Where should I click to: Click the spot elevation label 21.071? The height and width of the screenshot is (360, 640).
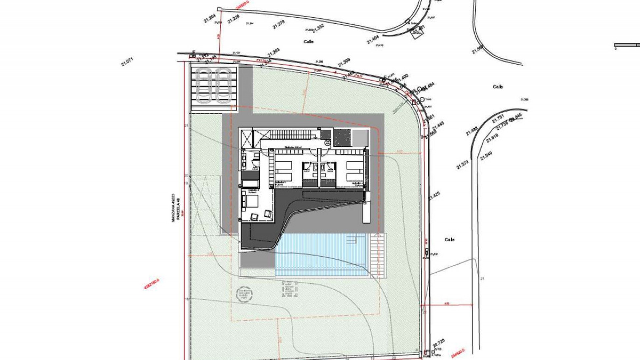click(127, 62)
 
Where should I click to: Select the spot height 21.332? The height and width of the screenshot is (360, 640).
click(318, 28)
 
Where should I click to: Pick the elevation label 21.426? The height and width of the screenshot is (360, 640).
click(434, 196)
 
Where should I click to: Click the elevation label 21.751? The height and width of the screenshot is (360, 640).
click(498, 119)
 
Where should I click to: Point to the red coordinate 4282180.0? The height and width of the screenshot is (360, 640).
click(151, 284)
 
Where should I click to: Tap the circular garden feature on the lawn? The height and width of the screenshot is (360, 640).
click(244, 294)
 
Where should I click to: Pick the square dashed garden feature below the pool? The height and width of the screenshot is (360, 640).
click(289, 289)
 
